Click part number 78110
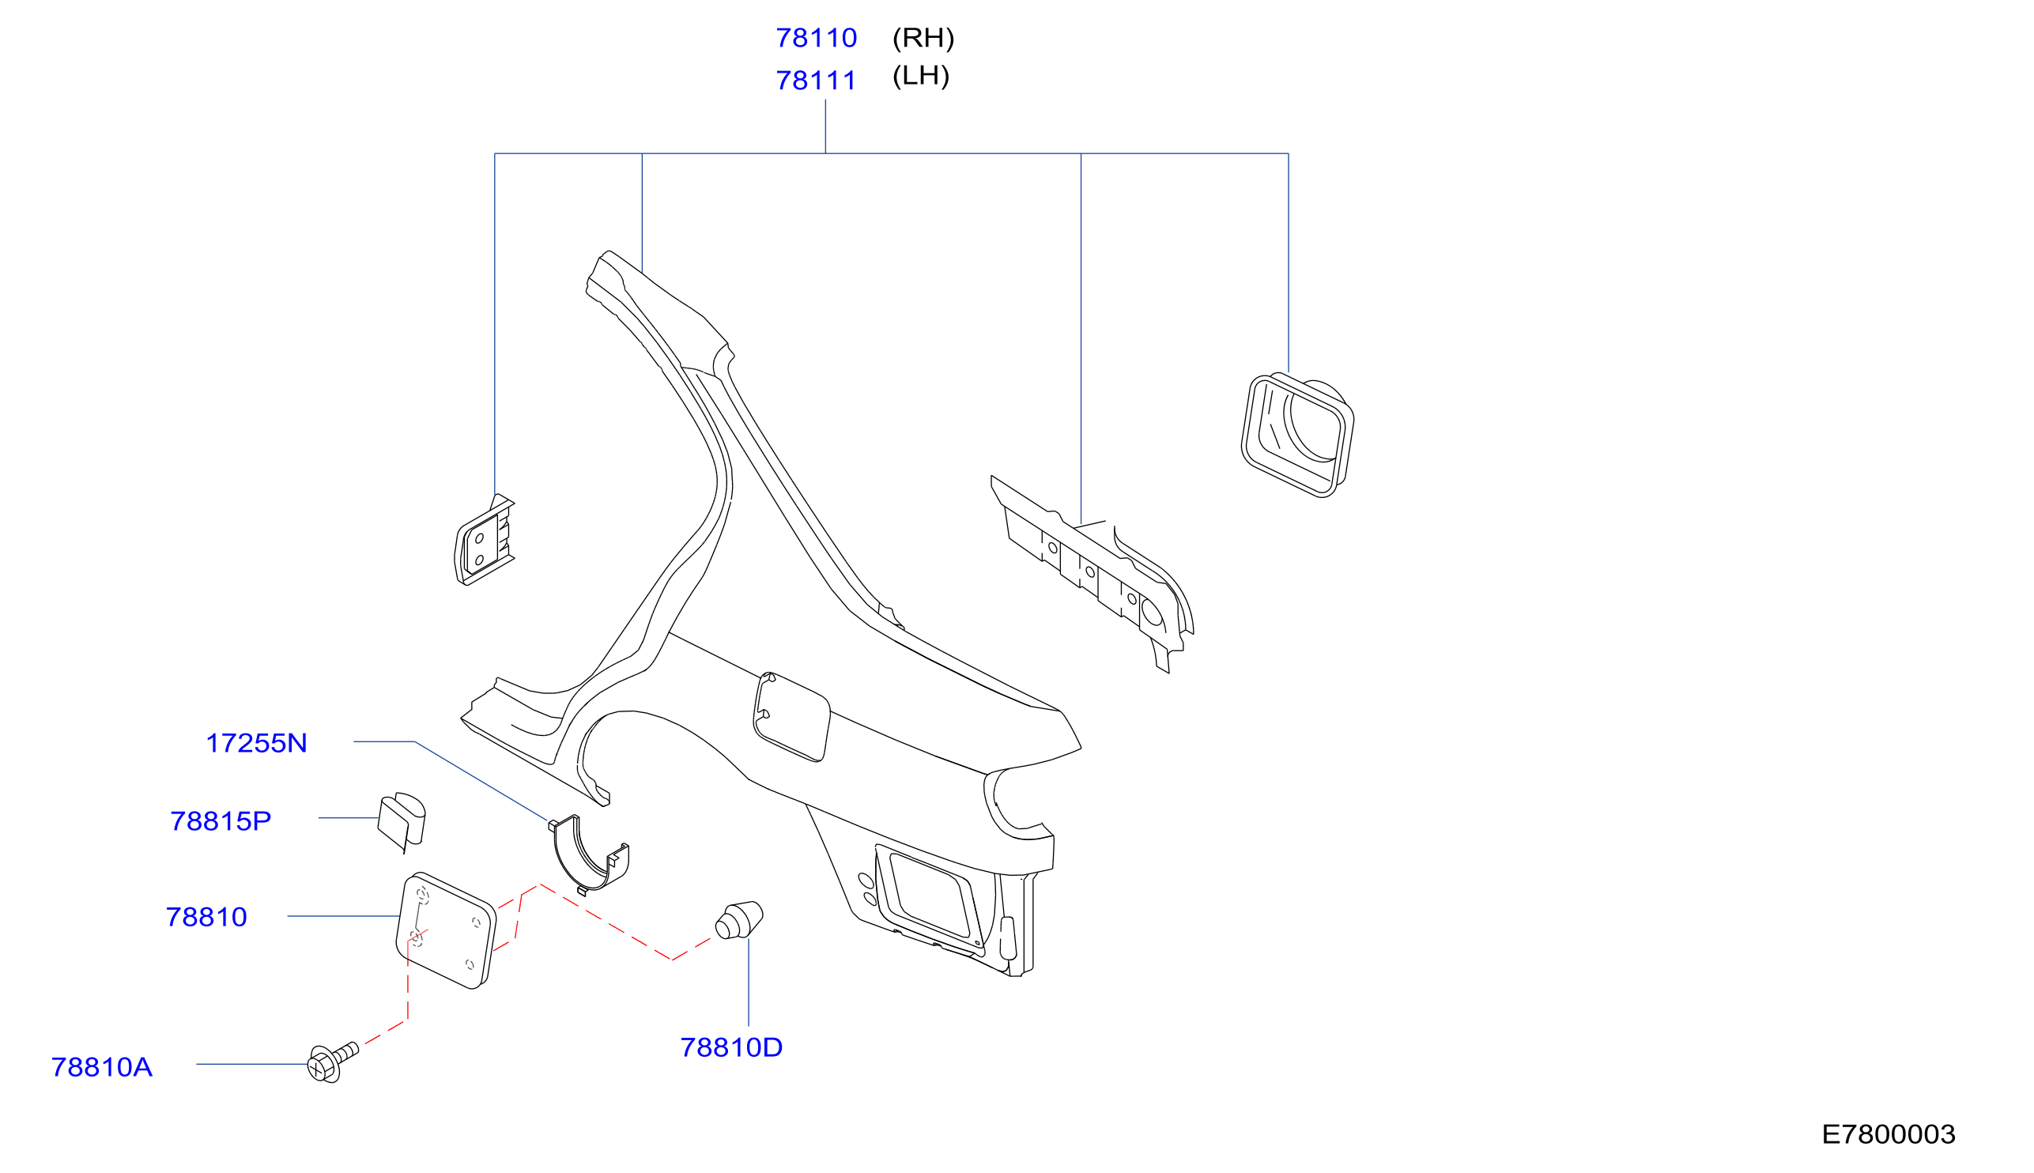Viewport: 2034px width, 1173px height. (x=816, y=38)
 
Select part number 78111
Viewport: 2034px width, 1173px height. (x=816, y=81)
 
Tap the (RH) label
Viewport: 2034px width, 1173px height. (x=923, y=38)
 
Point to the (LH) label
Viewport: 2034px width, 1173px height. (x=921, y=76)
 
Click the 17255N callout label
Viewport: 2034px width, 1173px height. (x=256, y=743)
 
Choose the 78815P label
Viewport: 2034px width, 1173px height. (x=221, y=821)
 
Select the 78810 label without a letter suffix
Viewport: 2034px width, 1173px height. (x=206, y=917)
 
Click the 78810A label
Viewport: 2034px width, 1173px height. (x=101, y=1067)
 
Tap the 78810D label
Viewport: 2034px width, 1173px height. (x=731, y=1047)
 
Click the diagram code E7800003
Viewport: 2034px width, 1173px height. (x=1889, y=1134)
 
